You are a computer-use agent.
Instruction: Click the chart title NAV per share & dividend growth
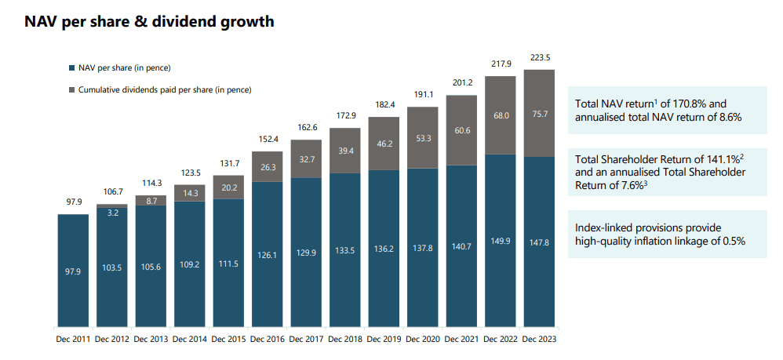tap(149, 22)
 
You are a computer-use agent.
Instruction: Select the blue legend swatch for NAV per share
tap(71, 68)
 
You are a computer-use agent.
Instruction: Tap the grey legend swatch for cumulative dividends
tap(71, 90)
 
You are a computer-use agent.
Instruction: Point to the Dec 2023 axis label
tap(539, 339)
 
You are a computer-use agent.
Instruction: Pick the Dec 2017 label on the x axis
tap(306, 339)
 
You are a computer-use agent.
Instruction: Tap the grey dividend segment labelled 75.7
tap(539, 113)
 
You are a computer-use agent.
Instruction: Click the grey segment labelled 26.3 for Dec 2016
tap(268, 166)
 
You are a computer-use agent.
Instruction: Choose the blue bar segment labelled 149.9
tap(500, 241)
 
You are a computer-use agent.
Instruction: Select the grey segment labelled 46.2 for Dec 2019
tap(384, 145)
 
